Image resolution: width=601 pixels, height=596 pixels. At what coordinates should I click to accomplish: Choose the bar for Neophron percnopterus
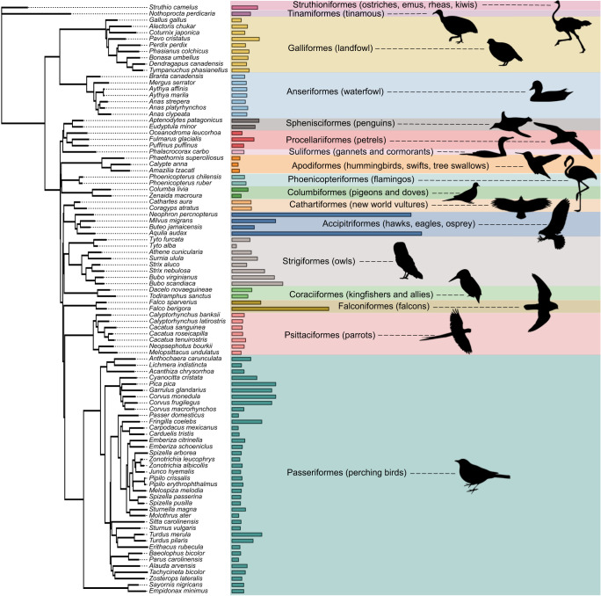tap(320, 214)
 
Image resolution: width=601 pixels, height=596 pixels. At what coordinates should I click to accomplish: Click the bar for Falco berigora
tap(279, 309)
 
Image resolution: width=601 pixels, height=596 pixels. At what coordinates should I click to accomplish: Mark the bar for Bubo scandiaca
tap(256, 283)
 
